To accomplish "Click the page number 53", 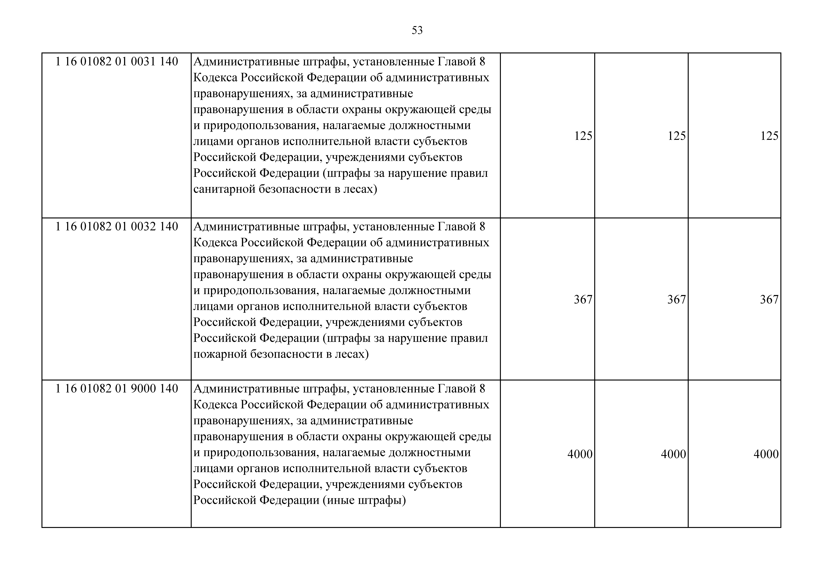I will click(417, 30).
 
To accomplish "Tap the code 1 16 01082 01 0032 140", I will click(117, 227).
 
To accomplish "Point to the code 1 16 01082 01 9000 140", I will click(117, 389).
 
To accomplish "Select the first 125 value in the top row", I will click(583, 136).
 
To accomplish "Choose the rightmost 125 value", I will click(769, 136).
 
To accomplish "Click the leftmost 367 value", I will click(583, 300).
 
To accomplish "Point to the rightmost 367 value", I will click(769, 300).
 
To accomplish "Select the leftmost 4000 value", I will click(580, 454).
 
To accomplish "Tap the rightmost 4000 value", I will click(766, 454).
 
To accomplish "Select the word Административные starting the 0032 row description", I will click(246, 227).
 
